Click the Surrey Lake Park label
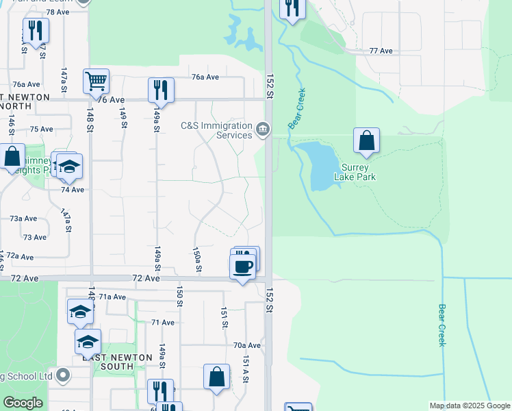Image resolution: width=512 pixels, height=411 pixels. (355, 172)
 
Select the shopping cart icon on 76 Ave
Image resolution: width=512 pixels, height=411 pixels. (96, 81)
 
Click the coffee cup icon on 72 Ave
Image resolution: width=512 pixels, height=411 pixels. (242, 266)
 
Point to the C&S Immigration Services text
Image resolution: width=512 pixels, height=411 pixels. (216, 129)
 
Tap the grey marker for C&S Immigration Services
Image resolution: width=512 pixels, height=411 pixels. (262, 129)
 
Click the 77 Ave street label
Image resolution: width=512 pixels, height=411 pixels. (381, 51)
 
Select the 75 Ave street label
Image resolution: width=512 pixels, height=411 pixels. (42, 129)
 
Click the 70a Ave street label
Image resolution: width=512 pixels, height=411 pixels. (247, 345)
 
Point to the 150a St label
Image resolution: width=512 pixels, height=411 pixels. (196, 259)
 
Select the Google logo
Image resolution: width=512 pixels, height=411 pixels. (23, 403)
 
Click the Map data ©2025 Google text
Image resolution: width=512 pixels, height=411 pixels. (470, 406)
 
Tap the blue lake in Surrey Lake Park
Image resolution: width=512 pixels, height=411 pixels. (319, 164)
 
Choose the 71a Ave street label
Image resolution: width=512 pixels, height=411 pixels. (112, 297)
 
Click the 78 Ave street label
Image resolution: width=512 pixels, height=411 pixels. (59, 12)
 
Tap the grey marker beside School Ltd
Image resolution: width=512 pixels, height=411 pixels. (63, 375)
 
